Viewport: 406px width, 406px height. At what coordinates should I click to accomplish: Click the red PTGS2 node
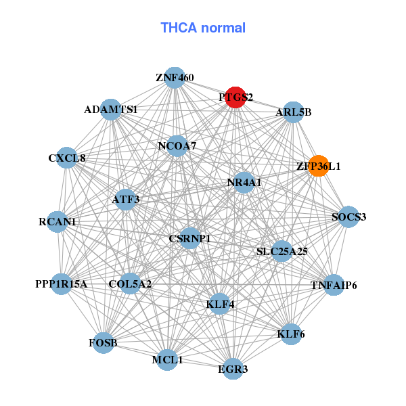[x=235, y=97]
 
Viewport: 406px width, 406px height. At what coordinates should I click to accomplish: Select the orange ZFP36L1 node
[x=319, y=166]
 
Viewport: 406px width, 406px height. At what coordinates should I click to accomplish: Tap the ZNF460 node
[x=175, y=78]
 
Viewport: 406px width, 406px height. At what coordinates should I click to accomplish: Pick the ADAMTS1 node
[x=111, y=110]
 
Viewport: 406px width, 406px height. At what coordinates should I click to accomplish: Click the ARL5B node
[x=294, y=112]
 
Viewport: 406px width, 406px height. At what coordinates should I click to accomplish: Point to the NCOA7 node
[x=177, y=146]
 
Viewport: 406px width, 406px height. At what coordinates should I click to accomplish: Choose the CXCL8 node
[x=67, y=158]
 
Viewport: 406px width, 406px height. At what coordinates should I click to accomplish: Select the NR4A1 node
[x=244, y=183]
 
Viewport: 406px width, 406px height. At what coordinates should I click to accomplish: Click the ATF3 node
[x=126, y=200]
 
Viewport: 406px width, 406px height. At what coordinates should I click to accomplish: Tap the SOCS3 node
[x=348, y=217]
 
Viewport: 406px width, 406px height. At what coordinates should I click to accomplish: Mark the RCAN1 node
[x=58, y=222]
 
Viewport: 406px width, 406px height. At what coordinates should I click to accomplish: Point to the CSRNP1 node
[x=190, y=238]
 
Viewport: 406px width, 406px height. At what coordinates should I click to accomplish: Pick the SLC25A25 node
[x=281, y=251]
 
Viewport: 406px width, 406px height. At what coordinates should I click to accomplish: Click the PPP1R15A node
[x=62, y=284]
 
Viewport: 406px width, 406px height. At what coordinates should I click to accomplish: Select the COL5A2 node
[x=130, y=284]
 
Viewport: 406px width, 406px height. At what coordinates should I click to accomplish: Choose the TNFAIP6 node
[x=334, y=285]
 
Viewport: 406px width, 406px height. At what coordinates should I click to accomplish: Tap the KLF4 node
[x=220, y=304]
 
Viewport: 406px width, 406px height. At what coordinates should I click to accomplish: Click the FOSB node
[x=104, y=343]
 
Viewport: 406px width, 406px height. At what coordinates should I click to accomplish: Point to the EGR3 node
[x=233, y=369]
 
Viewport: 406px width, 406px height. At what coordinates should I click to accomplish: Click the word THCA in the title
[x=179, y=28]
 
